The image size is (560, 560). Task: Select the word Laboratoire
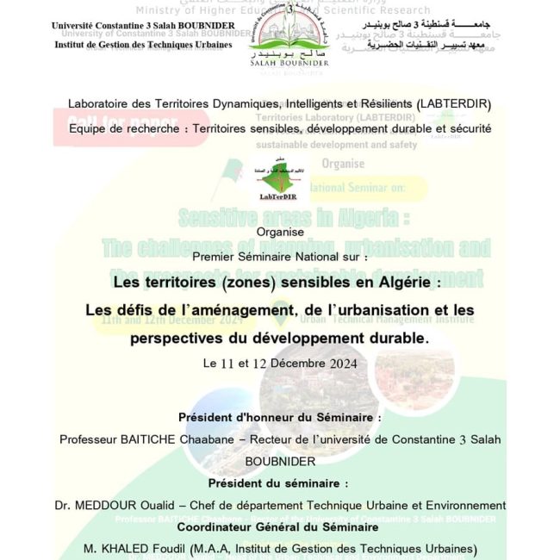[x=103, y=104]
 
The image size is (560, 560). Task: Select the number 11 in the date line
[x=228, y=364]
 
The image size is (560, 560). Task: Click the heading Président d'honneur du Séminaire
[x=279, y=417]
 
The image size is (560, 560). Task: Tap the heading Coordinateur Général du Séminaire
[x=279, y=526]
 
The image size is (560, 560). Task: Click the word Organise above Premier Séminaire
[x=279, y=233]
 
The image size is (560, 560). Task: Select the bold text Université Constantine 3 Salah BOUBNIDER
[x=142, y=26]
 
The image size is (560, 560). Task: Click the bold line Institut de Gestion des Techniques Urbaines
[x=142, y=44]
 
